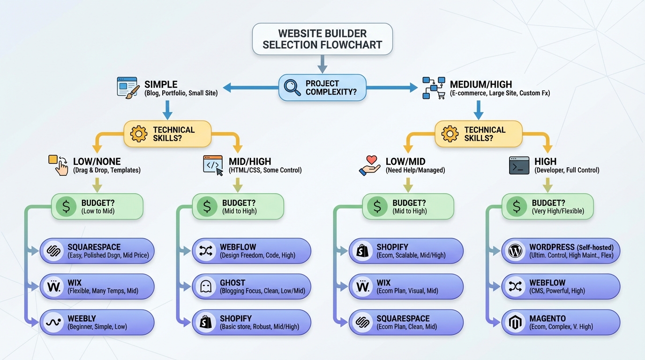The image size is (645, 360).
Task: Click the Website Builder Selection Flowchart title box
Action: [322, 39]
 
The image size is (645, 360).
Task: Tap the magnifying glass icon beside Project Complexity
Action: [292, 88]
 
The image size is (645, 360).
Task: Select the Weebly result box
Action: [97, 322]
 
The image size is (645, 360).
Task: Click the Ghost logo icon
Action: [205, 287]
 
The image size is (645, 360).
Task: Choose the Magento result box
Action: [561, 322]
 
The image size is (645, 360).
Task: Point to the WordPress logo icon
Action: [515, 251]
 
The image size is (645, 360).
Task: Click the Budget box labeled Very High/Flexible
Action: [547, 207]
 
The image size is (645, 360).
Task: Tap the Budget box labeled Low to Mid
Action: [97, 207]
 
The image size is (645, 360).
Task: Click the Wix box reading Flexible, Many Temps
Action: [97, 287]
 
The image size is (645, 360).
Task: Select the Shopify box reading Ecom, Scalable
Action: [406, 251]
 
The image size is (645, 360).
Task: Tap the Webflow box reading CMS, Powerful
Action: [561, 287]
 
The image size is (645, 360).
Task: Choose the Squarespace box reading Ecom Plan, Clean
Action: [406, 322]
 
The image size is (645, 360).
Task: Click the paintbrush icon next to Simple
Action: [128, 88]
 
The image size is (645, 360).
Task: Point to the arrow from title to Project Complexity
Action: [322, 64]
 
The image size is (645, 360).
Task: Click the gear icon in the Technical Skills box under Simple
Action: [139, 134]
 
